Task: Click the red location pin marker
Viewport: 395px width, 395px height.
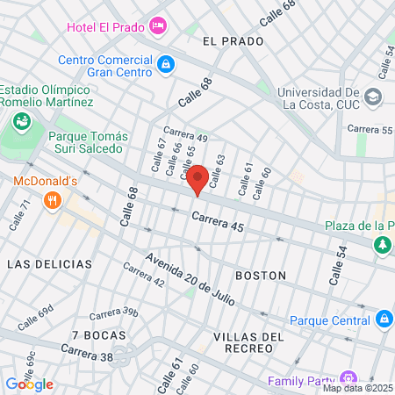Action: point(198,179)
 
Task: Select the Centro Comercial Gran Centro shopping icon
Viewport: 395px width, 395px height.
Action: point(165,64)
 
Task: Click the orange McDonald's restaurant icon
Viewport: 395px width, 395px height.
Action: point(54,200)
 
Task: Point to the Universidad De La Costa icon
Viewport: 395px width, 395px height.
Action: point(373,97)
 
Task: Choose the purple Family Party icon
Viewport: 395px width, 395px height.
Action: point(348,379)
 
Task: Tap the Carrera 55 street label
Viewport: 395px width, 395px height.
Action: point(369,129)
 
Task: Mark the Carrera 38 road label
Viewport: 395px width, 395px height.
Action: point(87,352)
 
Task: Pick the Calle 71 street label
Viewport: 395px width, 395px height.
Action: point(20,215)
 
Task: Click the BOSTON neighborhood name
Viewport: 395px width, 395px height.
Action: point(261,275)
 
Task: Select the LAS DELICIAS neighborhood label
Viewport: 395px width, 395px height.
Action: point(49,263)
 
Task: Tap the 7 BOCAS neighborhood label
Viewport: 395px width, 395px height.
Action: point(99,335)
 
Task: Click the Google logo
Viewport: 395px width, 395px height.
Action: point(29,384)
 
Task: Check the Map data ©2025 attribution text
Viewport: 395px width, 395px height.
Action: point(356,388)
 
